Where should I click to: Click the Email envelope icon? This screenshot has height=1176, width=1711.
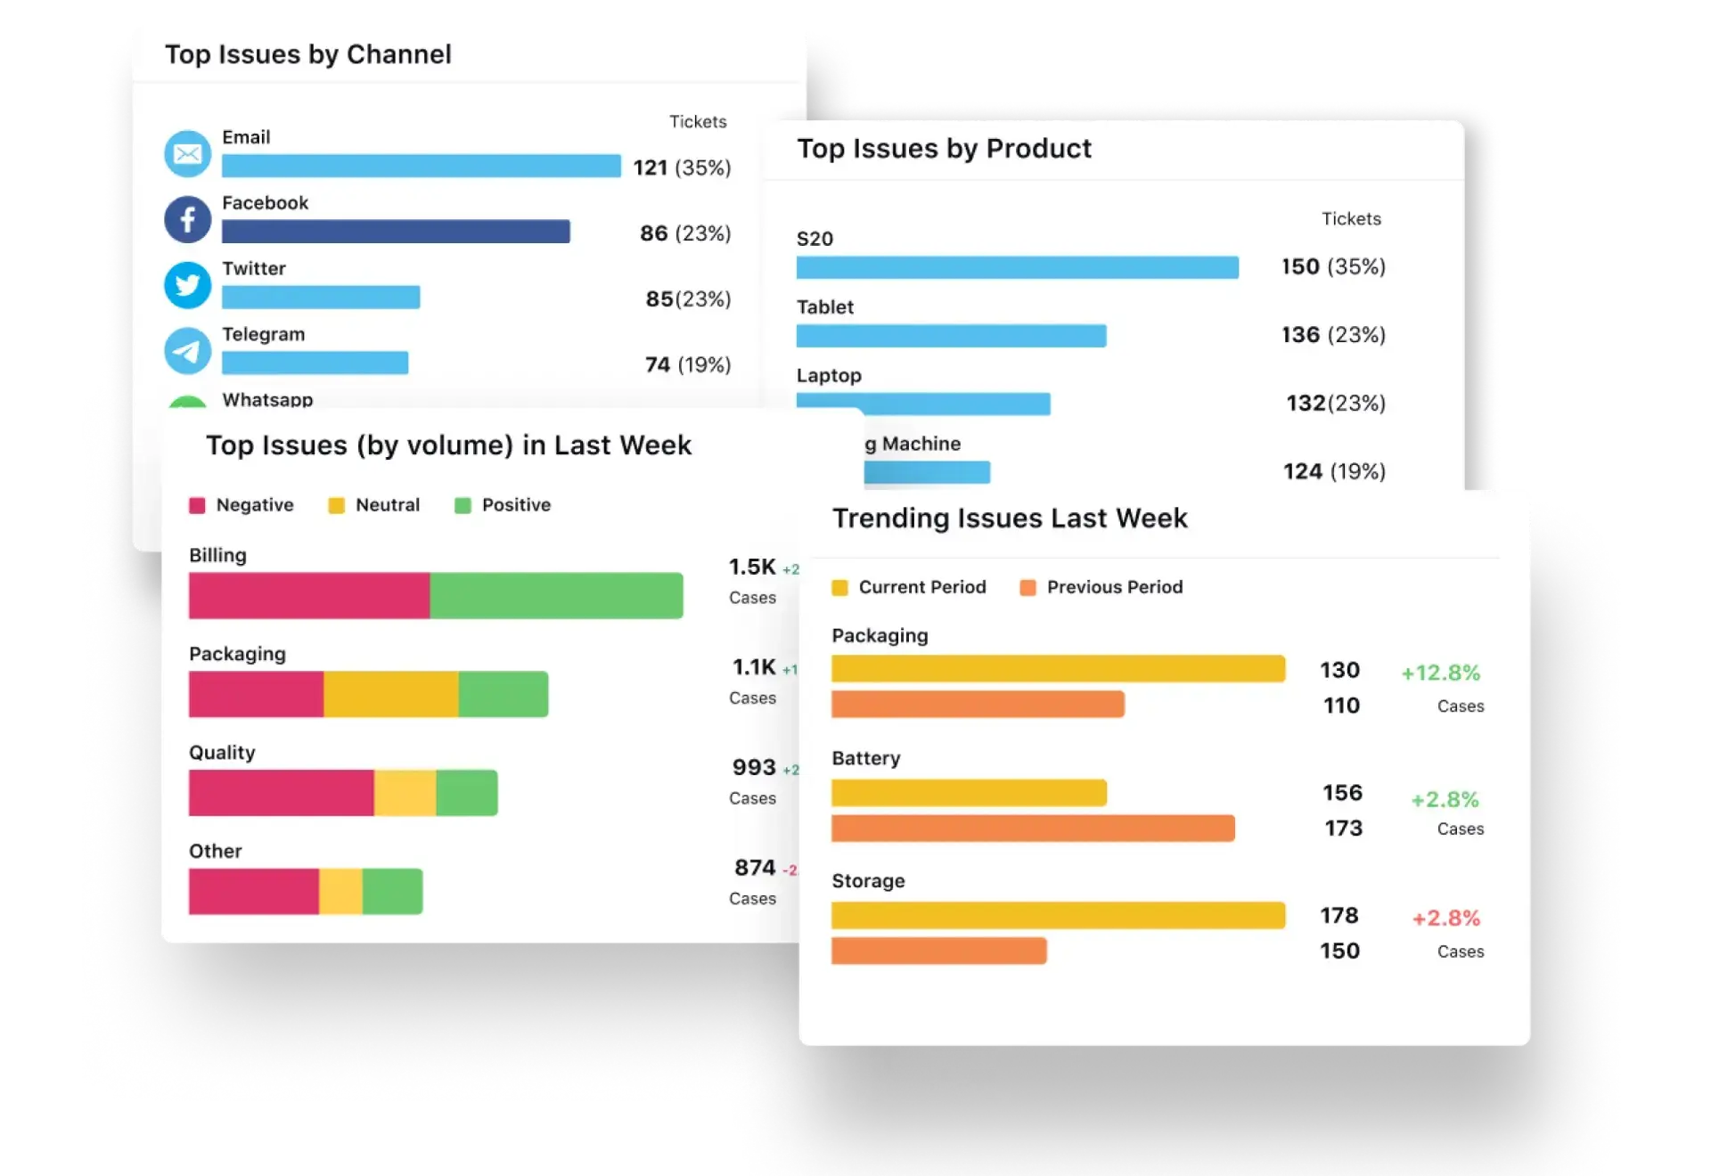coord(187,154)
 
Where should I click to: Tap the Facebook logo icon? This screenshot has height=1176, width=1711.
coord(187,219)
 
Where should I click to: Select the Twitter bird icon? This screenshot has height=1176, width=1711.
coord(187,285)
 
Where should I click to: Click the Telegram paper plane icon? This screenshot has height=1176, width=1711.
coord(187,350)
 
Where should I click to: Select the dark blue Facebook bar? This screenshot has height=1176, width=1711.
coord(396,232)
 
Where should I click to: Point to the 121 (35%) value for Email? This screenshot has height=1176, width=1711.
coord(682,167)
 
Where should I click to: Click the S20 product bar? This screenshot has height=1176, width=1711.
coord(1017,267)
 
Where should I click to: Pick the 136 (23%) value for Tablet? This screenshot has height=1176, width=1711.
coord(1333,335)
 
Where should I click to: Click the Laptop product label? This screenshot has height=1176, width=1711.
coord(829,375)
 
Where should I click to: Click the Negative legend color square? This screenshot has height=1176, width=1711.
coord(197,506)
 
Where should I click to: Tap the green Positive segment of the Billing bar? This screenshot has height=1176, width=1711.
coord(556,595)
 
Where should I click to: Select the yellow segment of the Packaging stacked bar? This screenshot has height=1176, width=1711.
coord(390,694)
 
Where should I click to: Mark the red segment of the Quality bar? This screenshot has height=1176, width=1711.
coord(281,793)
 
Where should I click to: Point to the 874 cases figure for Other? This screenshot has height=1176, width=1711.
coord(755,868)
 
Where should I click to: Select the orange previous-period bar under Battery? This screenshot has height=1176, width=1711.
coord(1033,829)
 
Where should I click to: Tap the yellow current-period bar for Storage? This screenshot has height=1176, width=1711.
coord(1058,916)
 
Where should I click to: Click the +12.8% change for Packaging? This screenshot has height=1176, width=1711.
coord(1440,673)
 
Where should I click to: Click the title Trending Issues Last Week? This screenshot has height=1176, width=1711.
coord(1010,519)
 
